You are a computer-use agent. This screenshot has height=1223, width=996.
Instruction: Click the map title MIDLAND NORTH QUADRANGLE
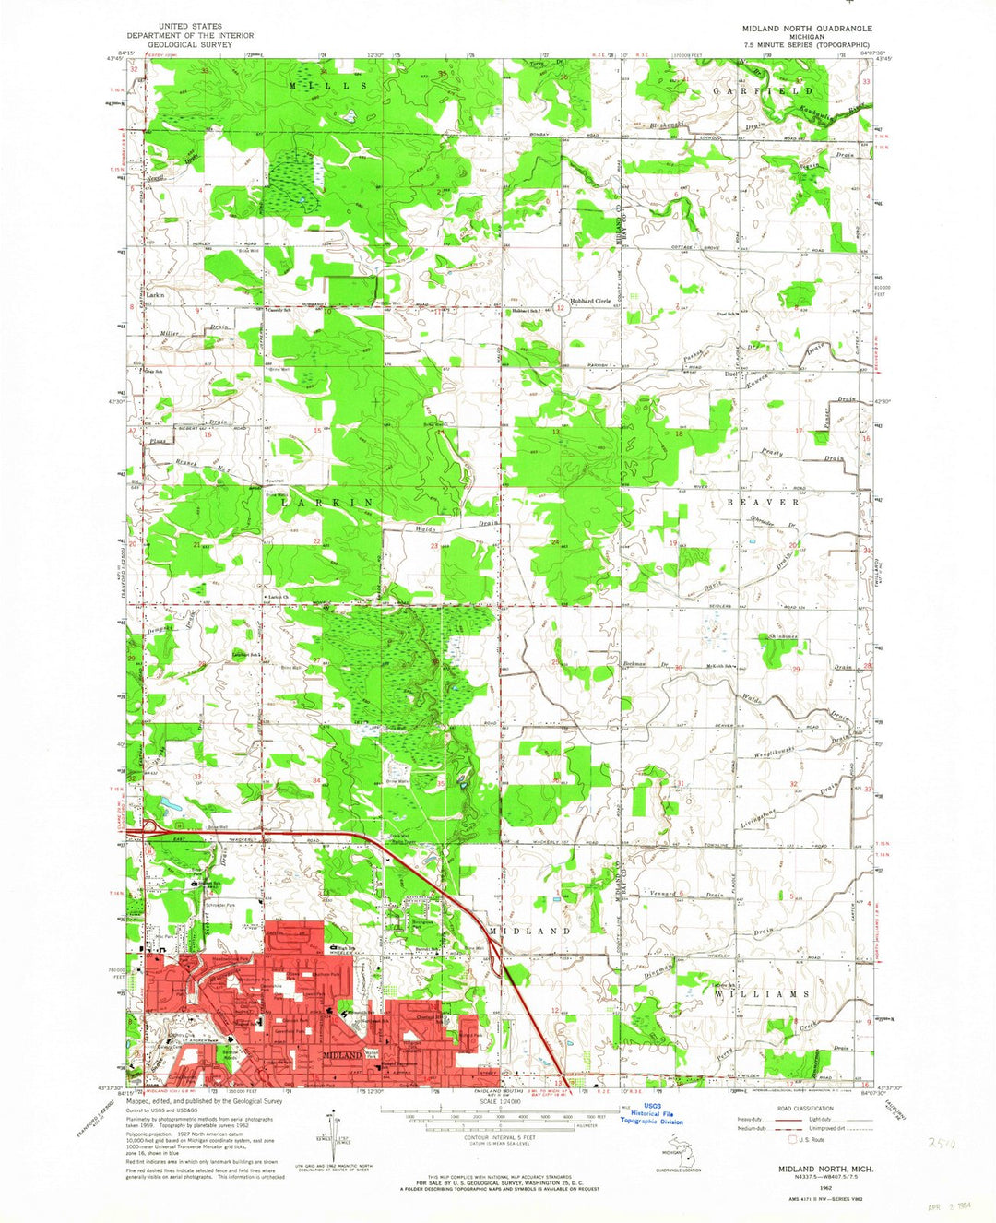(x=807, y=29)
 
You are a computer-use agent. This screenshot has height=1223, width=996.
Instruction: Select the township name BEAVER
(x=763, y=502)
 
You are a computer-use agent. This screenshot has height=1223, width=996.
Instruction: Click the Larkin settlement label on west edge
(x=155, y=294)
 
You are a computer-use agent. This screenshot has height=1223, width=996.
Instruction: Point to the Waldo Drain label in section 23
(x=450, y=528)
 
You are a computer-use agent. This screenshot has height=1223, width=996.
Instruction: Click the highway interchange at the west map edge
(x=148, y=827)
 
